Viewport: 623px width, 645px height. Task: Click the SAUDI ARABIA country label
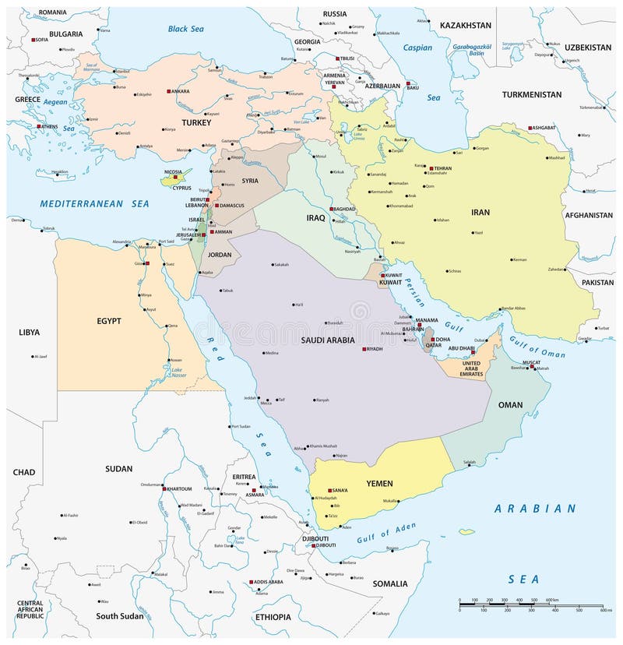[x=327, y=340]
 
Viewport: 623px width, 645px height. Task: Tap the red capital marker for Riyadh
[x=363, y=349]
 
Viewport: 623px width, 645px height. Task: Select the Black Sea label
[x=185, y=29]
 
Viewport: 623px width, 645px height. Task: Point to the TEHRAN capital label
[x=443, y=168]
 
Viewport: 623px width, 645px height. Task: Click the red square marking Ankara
[x=169, y=91]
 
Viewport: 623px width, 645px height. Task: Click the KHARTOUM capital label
[x=178, y=488]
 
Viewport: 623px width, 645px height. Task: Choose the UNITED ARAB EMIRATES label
[x=472, y=368]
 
